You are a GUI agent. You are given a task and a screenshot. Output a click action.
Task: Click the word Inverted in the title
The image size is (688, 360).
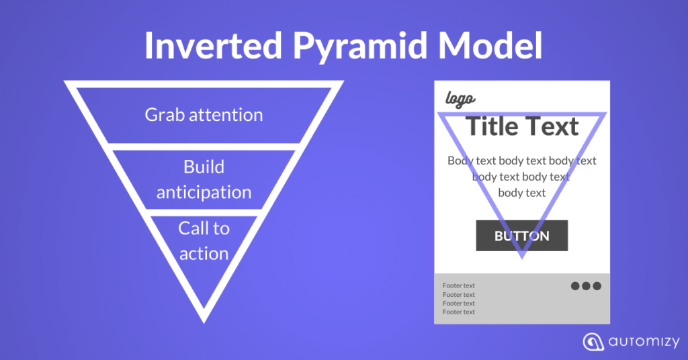(214, 45)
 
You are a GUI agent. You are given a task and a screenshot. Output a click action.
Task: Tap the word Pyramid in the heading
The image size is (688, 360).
(360, 46)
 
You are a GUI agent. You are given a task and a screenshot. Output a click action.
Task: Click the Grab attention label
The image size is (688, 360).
(204, 115)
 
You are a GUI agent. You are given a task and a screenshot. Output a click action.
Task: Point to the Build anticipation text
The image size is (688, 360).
(204, 179)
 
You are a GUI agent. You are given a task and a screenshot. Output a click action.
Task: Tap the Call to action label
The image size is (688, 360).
(204, 240)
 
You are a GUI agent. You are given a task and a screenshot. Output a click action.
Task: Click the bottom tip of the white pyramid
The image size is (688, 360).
(204, 323)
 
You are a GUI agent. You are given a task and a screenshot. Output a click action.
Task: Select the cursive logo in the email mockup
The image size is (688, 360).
(460, 99)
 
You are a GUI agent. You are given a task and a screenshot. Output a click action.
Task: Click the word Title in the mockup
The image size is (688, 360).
(492, 126)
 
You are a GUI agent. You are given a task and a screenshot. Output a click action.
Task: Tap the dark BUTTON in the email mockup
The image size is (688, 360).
(521, 236)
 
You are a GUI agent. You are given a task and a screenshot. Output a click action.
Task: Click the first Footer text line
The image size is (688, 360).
(458, 285)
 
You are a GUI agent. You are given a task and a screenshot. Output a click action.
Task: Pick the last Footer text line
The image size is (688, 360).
(458, 312)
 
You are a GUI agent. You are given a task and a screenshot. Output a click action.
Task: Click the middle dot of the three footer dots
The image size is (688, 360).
(586, 286)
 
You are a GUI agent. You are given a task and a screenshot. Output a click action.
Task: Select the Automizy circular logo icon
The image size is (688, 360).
(593, 342)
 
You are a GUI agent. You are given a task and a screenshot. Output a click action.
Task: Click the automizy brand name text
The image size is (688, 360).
(644, 342)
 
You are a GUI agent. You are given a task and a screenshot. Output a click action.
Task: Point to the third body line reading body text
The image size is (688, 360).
(521, 193)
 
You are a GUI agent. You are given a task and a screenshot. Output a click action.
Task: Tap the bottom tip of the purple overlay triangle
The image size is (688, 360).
(522, 259)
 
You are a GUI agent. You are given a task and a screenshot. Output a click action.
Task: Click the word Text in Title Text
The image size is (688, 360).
(552, 126)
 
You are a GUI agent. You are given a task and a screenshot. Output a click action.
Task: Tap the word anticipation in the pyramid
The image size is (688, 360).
(204, 193)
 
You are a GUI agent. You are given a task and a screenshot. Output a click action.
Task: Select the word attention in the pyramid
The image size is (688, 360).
(226, 115)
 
